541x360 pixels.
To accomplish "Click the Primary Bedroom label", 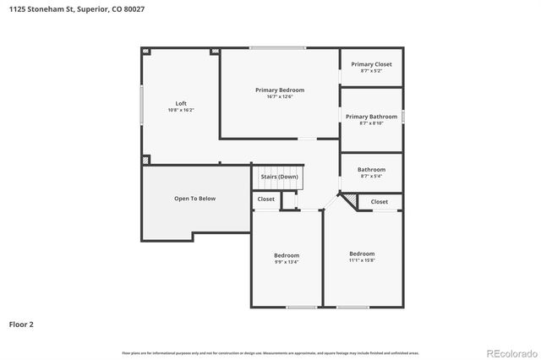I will point(280,90).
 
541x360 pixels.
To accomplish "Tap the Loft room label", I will point(181,103).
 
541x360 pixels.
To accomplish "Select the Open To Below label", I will point(194,199).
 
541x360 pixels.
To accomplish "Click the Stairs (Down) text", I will point(279,177).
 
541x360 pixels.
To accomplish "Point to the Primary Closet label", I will point(371,64).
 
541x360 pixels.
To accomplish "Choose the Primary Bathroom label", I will point(371,117).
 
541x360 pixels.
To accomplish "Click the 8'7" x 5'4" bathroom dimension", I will point(371,177).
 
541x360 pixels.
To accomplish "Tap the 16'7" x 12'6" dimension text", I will point(280,96).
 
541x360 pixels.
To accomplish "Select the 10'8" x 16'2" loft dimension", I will point(181,110).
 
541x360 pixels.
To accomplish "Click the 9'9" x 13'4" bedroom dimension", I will point(287,262).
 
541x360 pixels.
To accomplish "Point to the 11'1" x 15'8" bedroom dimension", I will point(362,260).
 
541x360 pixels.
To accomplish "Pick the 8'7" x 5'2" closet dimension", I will point(371,71).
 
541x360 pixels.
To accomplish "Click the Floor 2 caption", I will point(21,324).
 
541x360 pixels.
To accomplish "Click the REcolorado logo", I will point(510,352).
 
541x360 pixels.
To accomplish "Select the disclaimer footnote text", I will point(270,352).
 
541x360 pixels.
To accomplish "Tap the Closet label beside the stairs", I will point(265,199).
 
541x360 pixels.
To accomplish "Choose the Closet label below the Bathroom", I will point(380,202).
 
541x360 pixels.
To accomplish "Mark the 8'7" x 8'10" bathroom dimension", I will point(371,123).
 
